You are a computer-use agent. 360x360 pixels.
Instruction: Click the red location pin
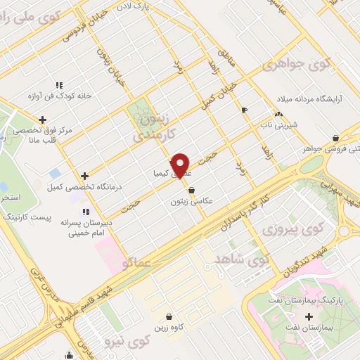point(181,166)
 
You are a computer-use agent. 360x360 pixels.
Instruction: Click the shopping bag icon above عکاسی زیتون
point(191,190)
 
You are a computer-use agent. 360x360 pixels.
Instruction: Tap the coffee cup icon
point(244,110)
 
